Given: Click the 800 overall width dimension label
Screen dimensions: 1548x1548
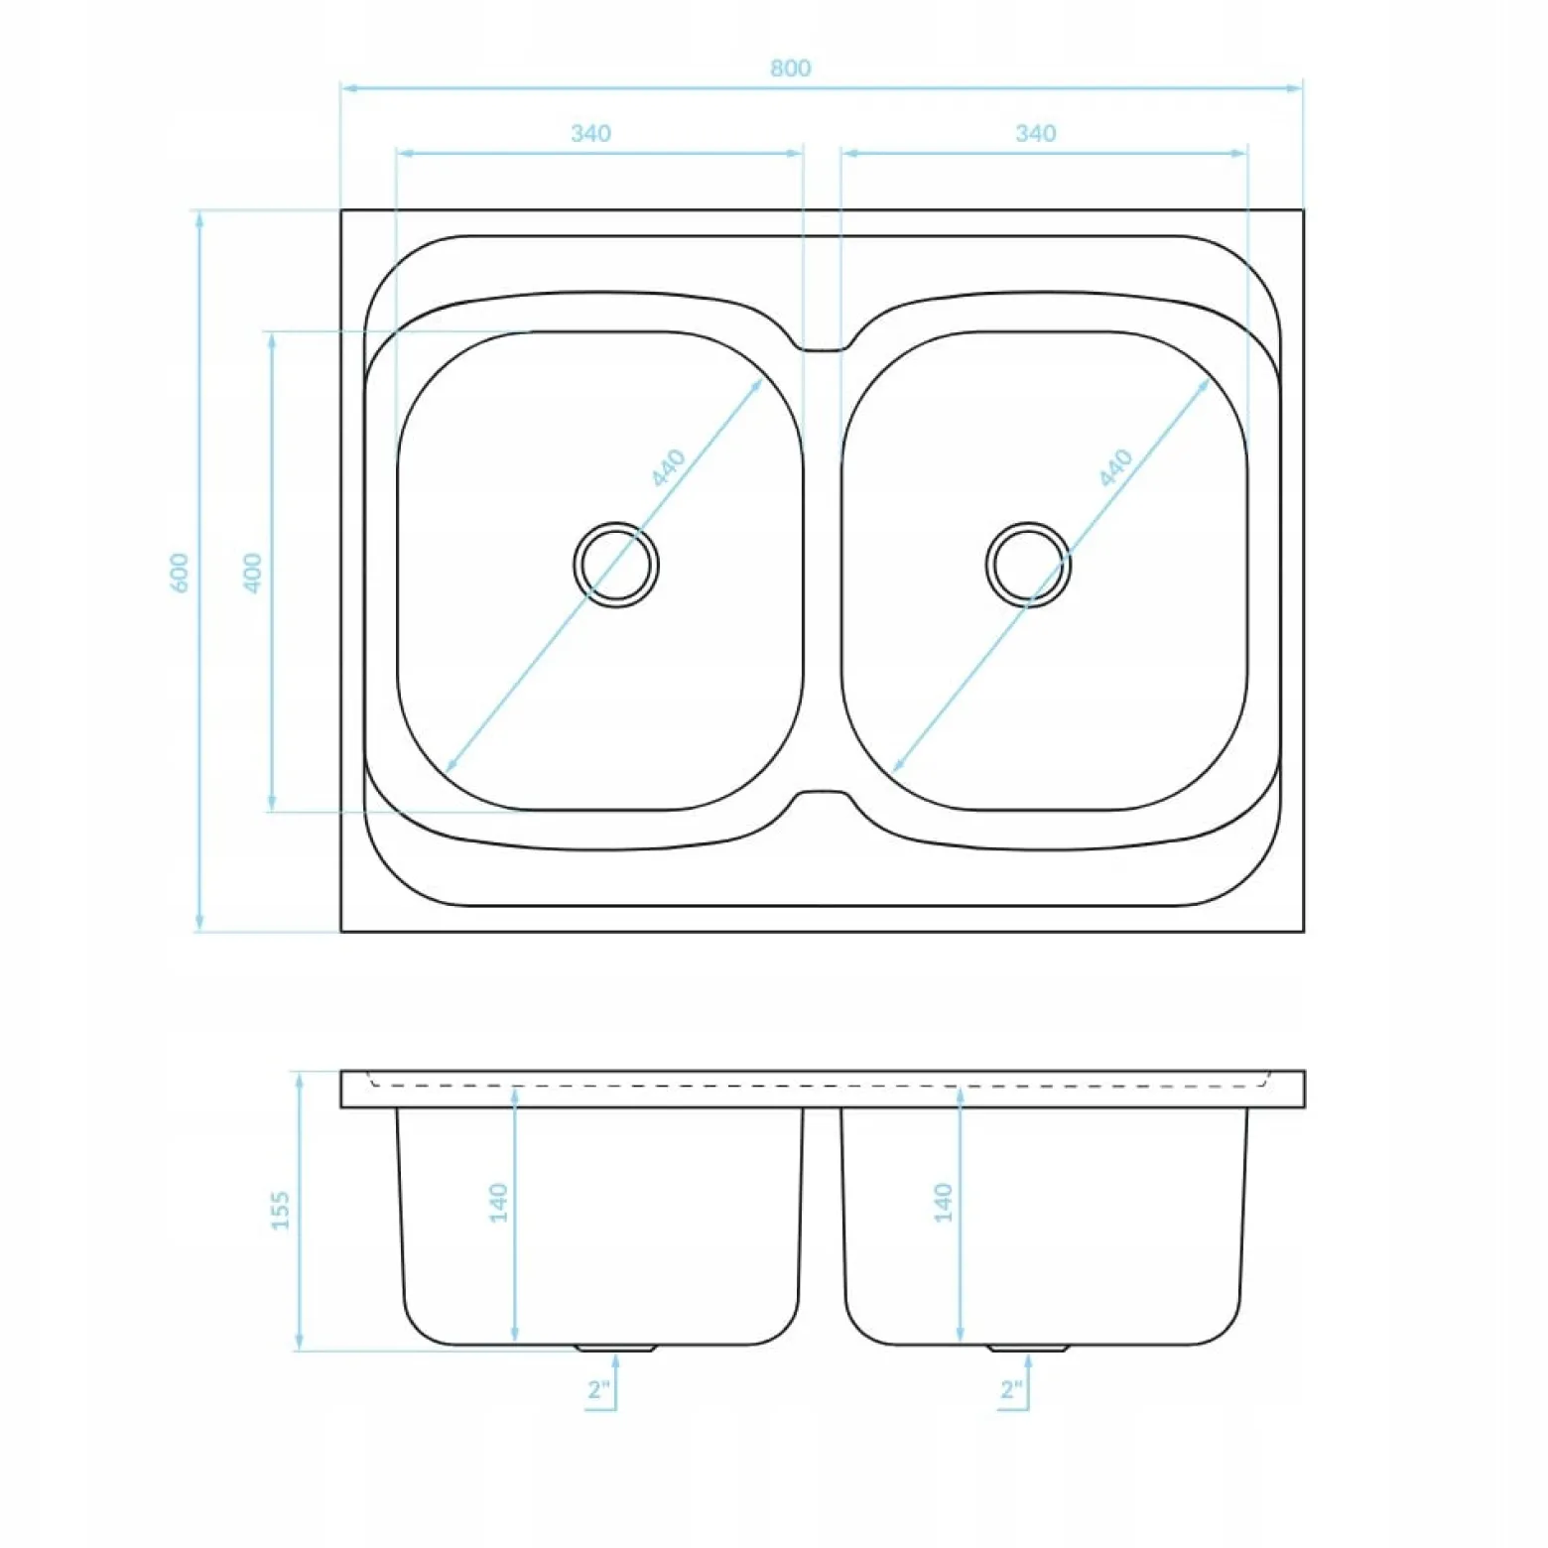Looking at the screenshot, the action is pos(790,67).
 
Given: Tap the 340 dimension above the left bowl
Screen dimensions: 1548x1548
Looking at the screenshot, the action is pos(590,133).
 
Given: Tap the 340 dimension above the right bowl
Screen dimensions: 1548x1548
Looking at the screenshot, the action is pos(1035,133).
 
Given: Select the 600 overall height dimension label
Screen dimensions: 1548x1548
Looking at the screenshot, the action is pos(180,573).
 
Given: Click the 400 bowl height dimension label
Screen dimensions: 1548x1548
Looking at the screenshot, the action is pos(253,573).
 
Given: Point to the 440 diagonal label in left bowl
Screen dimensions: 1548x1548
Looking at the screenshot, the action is pos(669,467).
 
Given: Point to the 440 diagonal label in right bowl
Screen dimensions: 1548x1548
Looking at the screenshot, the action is pos(1116,467).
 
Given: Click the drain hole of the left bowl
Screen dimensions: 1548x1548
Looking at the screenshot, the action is pos(616,565).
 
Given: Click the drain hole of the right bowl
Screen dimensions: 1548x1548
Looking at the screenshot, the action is pos(1029,565).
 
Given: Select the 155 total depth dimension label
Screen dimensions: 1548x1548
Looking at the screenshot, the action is pos(281,1211).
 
